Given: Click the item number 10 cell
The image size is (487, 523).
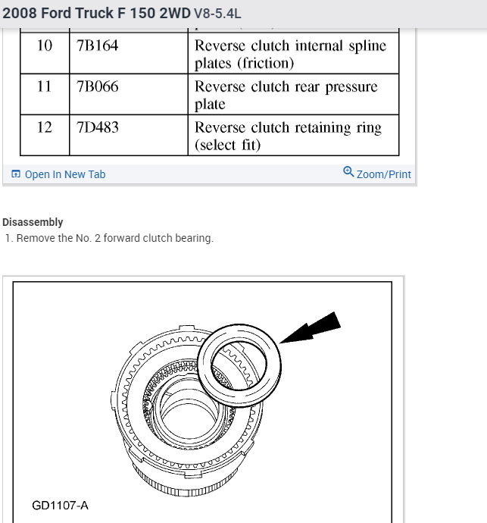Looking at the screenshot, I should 45,45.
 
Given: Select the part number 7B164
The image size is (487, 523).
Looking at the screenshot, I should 98,45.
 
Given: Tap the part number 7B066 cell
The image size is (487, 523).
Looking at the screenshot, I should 98,86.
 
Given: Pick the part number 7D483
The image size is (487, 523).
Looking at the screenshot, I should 98,127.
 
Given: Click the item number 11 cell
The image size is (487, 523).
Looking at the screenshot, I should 45,86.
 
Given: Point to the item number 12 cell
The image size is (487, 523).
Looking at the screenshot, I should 45,127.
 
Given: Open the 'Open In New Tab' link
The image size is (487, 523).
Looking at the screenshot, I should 65,174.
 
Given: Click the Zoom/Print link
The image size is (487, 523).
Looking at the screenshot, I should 383,174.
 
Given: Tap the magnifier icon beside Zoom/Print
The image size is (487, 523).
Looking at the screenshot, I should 348,171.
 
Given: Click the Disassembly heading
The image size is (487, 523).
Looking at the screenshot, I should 33,222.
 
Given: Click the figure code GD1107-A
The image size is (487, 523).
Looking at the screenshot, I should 60,505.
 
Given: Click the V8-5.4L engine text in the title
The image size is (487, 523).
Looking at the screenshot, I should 218,14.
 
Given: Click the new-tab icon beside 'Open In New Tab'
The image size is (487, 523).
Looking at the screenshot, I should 16,174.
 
